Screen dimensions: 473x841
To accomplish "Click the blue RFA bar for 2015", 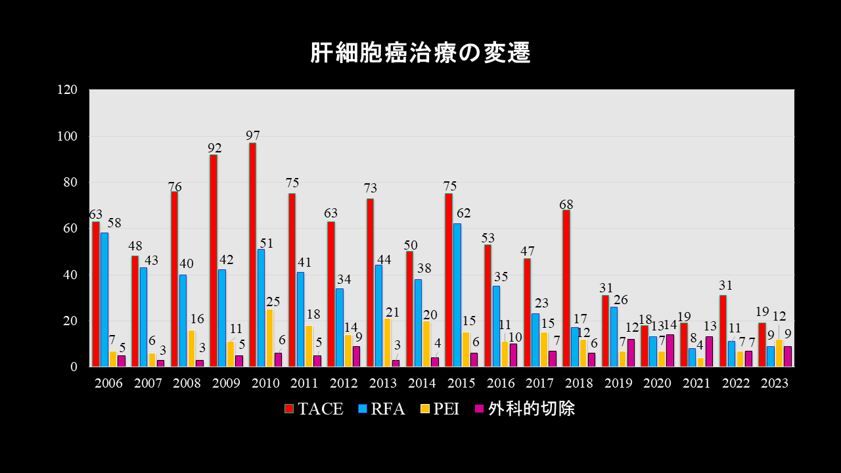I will point(457,295).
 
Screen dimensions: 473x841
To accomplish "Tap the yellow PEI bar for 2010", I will point(269,338).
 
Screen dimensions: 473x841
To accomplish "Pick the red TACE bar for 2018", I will point(566,288).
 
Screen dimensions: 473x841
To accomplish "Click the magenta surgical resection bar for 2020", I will point(670,351).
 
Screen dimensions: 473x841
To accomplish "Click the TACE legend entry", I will point(314,409).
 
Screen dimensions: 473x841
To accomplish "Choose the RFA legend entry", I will point(381,409).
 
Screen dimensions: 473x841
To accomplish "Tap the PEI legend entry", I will point(440,409).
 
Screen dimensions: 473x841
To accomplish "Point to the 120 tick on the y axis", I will point(68,90).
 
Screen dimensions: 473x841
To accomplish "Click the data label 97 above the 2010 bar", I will point(253,135).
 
